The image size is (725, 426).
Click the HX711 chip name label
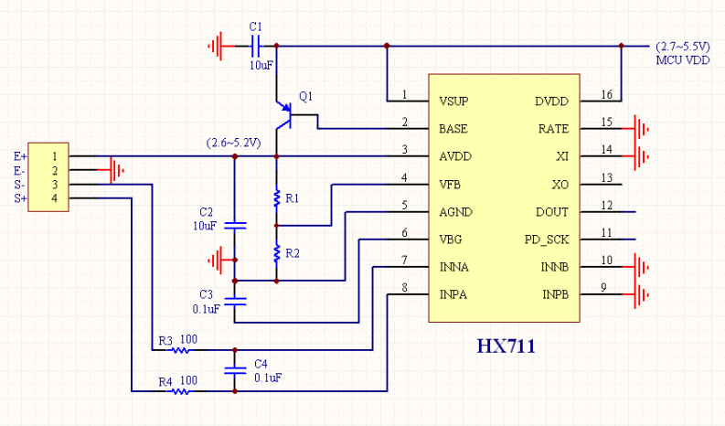pyautogui.click(x=506, y=346)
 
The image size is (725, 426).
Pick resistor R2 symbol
pyautogui.click(x=275, y=253)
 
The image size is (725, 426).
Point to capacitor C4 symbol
pyautogui.click(x=235, y=369)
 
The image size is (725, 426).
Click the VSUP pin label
pyautogui.click(x=455, y=101)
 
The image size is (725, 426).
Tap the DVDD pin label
pyautogui.click(x=552, y=101)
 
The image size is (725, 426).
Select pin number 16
pyautogui.click(x=605, y=94)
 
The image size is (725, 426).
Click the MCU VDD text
pyautogui.click(x=683, y=59)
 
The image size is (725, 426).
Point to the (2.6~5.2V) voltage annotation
pyautogui.click(x=234, y=144)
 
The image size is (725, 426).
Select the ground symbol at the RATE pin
pyautogui.click(x=644, y=129)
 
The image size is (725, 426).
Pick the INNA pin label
pyautogui.click(x=455, y=267)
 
